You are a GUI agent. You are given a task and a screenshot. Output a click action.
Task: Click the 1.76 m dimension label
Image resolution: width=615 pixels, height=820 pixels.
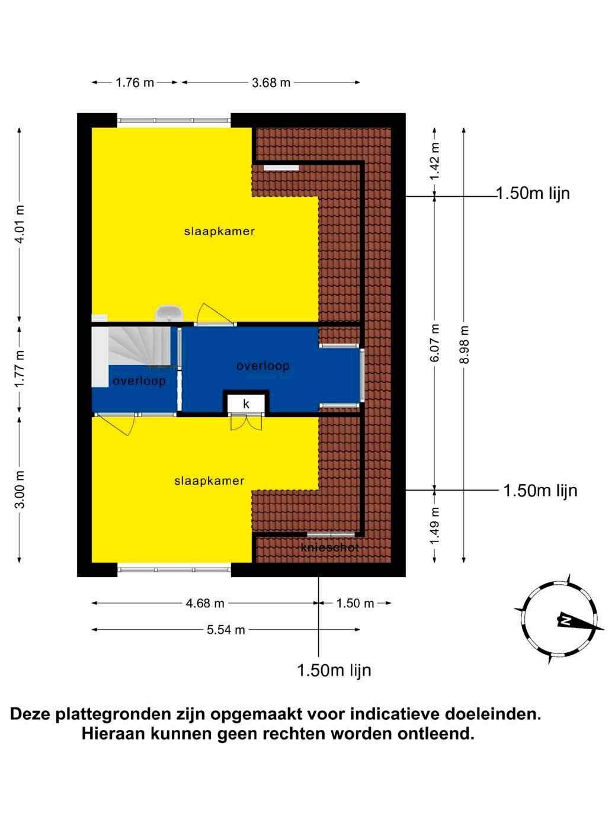134,82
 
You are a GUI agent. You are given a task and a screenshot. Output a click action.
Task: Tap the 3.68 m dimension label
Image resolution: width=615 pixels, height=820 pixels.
271,82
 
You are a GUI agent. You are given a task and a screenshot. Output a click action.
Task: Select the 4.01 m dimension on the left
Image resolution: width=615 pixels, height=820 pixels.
20,225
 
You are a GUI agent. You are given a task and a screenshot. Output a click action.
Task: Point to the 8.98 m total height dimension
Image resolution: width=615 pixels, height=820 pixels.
464,344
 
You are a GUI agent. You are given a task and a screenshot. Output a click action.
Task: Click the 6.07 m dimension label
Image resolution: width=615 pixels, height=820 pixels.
435,343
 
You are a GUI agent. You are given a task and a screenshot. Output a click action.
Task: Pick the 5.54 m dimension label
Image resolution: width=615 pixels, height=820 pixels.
226,630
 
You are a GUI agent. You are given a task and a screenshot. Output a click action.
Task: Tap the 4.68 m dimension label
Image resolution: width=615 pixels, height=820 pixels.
205,603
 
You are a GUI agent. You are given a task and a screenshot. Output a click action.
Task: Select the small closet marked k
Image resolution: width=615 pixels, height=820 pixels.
246,403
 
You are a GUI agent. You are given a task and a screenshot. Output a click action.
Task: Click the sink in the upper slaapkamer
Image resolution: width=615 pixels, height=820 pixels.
169,313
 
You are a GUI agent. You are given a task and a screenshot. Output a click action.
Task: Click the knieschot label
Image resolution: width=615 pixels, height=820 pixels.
330,547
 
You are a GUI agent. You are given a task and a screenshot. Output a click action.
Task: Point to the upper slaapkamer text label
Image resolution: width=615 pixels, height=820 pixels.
219,231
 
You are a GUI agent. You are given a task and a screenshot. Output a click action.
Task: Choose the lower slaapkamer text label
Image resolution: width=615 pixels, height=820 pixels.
209,481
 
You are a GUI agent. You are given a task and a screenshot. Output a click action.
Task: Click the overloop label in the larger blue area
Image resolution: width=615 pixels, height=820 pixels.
262,366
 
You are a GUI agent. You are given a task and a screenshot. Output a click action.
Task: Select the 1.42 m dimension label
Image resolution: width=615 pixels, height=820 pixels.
435,161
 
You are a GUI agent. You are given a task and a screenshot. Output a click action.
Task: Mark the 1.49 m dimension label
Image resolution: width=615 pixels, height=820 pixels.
435,526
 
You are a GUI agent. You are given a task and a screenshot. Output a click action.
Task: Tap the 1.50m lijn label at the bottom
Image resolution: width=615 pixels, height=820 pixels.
334,670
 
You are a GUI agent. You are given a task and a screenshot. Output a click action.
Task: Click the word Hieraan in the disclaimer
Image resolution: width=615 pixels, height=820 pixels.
113,733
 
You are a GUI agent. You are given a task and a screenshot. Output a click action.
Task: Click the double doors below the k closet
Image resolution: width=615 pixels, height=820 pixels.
246,422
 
